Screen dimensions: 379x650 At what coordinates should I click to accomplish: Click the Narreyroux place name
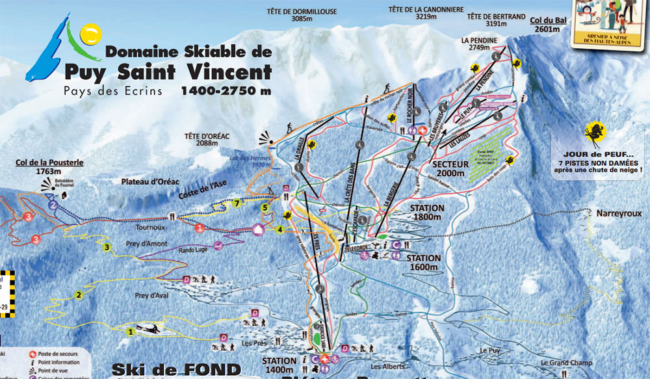[614, 213]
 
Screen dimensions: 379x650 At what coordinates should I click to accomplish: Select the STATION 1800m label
[427, 212]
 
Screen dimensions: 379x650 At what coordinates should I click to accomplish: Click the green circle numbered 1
[130, 331]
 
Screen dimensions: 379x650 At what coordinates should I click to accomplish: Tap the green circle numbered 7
[238, 203]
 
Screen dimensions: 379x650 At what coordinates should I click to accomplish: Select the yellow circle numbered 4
[279, 229]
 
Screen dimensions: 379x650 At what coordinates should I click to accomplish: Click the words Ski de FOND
[176, 369]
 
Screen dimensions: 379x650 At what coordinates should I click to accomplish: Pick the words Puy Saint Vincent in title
[168, 70]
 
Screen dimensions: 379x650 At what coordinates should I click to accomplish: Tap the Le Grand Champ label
[563, 363]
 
